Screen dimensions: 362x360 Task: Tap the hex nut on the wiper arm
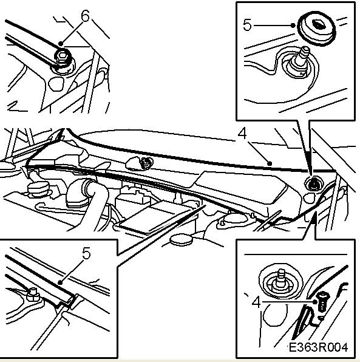[x=63, y=59]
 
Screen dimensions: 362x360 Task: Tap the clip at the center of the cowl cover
[x=146, y=162]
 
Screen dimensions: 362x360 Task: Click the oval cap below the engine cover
[x=182, y=239]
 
